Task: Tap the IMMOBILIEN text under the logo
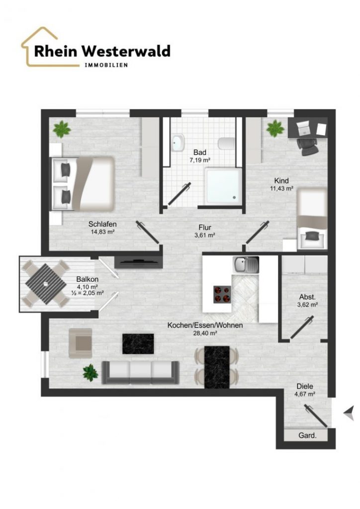coord(106,65)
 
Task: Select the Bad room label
coord(199,152)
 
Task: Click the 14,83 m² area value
coord(102,232)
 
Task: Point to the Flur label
coord(205,228)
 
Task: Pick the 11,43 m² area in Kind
coord(282,188)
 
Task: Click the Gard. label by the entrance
coord(307,435)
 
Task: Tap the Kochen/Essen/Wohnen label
coord(205,325)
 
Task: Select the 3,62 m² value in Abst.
coord(307,305)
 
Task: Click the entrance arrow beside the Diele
coord(349,413)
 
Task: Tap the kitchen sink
coord(246,264)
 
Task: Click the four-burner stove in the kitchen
coord(222,294)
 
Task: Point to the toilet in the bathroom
coord(227,143)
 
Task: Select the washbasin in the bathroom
coord(178,143)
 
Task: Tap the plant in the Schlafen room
coord(62,129)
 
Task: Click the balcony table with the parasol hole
coord(46,284)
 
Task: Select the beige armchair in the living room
coord(81,343)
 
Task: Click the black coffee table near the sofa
coord(138,344)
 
